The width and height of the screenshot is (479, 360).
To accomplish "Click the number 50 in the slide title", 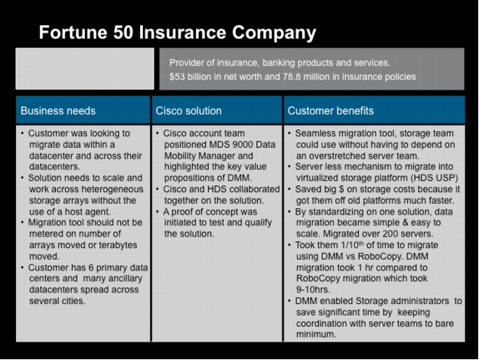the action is [123, 32].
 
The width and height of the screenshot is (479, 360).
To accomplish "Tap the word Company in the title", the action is [274, 33].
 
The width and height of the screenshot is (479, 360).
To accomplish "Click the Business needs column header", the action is [58, 111].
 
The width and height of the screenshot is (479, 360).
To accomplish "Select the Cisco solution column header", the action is [188, 111].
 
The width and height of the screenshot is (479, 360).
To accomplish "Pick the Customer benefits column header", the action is [331, 111].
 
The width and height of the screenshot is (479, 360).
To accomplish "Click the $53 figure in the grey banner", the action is [177, 77].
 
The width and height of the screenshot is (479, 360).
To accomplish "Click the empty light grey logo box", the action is [85, 68].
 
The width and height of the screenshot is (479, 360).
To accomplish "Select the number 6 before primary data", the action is [91, 267].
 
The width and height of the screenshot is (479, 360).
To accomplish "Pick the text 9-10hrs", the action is [313, 290].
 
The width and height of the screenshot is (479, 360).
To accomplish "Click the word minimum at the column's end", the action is [316, 334].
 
